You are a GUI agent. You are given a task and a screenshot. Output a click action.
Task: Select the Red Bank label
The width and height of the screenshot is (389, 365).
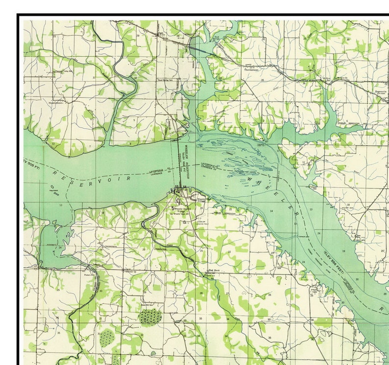[x=214, y=270]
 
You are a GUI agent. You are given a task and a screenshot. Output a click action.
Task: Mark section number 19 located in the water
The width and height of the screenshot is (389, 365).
[x=343, y=251]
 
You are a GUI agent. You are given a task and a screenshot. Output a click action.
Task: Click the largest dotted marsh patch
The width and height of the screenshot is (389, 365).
[x=150, y=317]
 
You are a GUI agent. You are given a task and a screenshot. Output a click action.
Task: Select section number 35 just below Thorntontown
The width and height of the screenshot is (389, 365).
[x=263, y=80]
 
